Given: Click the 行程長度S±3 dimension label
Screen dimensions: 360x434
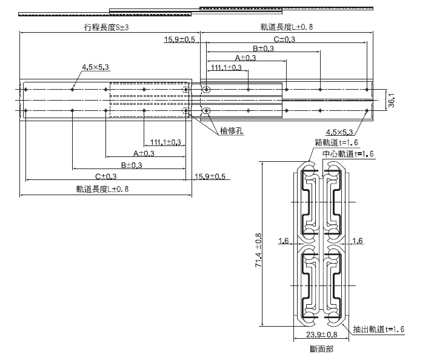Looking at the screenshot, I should pyautogui.click(x=106, y=27).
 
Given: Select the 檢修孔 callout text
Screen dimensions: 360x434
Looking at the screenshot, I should pyautogui.click(x=232, y=130).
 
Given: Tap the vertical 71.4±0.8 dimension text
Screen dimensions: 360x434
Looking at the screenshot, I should pyautogui.click(x=258, y=250).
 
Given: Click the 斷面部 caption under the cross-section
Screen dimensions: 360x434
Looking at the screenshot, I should pyautogui.click(x=321, y=349).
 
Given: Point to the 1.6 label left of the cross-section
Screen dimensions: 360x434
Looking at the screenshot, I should pyautogui.click(x=284, y=241).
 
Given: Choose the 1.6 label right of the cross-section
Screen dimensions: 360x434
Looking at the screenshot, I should pyautogui.click(x=357, y=241).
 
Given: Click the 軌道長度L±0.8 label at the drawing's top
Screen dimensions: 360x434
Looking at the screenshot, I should pyautogui.click(x=287, y=27).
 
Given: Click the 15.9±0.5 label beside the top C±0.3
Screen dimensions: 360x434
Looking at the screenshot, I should pyautogui.click(x=179, y=39).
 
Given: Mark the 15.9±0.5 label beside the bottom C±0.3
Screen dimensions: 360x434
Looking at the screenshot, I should pyautogui.click(x=209, y=176).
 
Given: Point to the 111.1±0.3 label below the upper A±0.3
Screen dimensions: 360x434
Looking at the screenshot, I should pyautogui.click(x=224, y=67).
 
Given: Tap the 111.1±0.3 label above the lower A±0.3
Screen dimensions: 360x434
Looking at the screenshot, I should pyautogui.click(x=165, y=142).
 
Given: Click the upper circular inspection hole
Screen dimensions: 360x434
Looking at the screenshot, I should pyautogui.click(x=207, y=90).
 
